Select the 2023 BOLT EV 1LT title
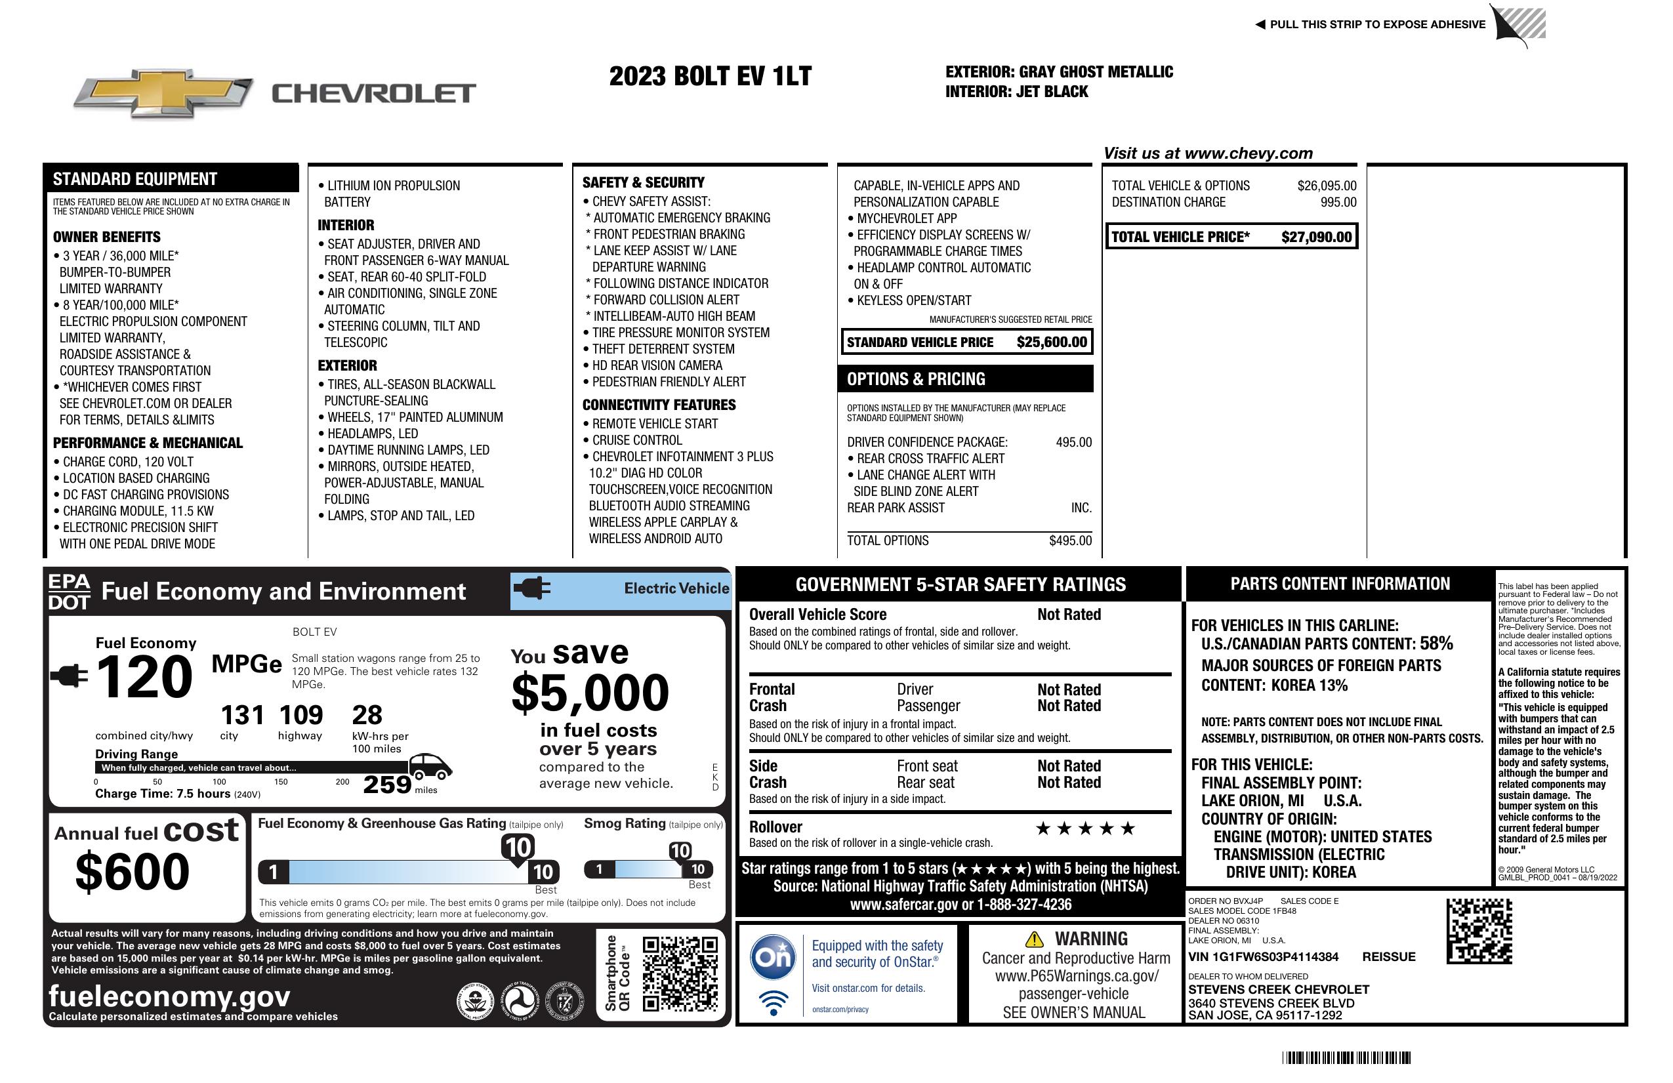click(710, 76)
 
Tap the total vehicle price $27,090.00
click(1316, 237)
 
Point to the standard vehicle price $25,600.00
click(1052, 342)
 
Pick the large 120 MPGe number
click(144, 677)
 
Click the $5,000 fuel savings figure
click(590, 692)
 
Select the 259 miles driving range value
click(386, 784)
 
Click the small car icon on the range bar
click(430, 766)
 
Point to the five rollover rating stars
click(1084, 828)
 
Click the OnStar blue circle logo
click(773, 956)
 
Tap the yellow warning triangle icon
click(1034, 939)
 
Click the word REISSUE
click(1388, 956)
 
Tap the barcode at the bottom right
click(1346, 1057)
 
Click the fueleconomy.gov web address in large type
click(169, 996)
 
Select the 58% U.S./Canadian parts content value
click(1435, 643)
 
